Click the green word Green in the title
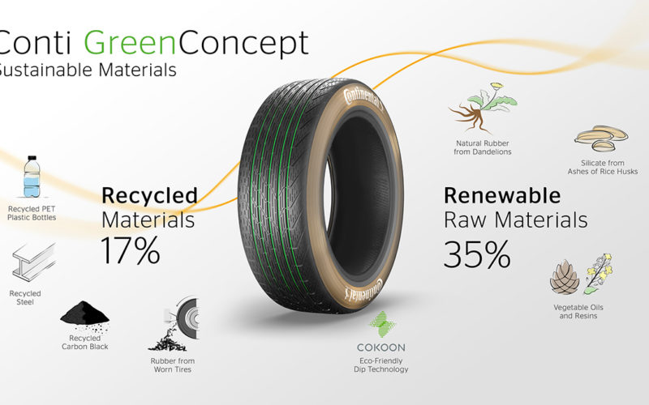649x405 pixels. click(x=131, y=43)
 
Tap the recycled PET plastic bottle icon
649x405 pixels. click(x=32, y=177)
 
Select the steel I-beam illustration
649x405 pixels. click(x=33, y=262)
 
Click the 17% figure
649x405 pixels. click(x=131, y=250)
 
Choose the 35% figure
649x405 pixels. click(x=477, y=254)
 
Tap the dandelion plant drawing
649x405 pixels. click(x=483, y=108)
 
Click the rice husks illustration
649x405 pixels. click(x=601, y=139)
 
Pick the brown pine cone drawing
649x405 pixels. click(x=565, y=277)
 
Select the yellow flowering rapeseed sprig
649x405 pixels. click(x=599, y=274)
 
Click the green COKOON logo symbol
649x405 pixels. click(x=382, y=324)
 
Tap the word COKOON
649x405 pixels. click(x=381, y=347)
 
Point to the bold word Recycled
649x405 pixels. click(x=149, y=196)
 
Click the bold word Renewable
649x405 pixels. click(x=502, y=195)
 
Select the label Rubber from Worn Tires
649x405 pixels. click(x=173, y=365)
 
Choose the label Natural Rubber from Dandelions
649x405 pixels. click(x=483, y=147)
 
